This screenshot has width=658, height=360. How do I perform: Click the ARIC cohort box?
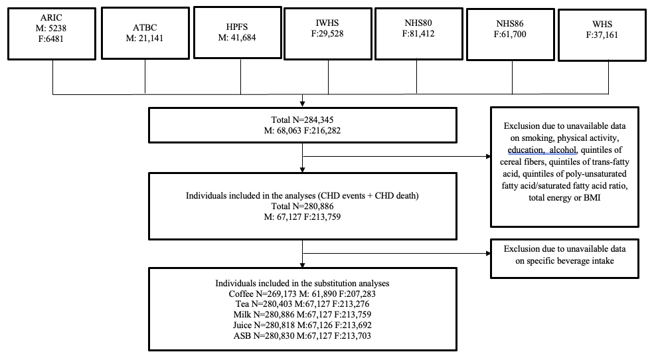[x=52, y=34]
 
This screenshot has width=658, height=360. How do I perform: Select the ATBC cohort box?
[x=145, y=33]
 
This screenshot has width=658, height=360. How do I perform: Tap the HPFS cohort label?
[x=237, y=27]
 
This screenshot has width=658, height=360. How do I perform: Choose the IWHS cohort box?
[x=328, y=34]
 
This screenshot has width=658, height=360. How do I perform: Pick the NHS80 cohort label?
[x=418, y=23]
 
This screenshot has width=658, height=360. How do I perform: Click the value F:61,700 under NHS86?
[x=510, y=35]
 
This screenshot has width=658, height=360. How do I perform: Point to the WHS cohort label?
[x=602, y=25]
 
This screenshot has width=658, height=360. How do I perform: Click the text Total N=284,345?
[x=302, y=120]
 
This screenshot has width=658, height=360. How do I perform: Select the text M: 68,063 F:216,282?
[x=302, y=130]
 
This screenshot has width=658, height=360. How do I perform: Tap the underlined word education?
[x=525, y=150]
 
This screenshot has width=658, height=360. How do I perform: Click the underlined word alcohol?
[x=563, y=150]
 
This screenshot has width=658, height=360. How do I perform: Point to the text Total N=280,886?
[x=302, y=207]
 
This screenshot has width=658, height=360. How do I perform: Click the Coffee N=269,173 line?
[x=302, y=294]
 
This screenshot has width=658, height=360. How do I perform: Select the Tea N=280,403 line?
[x=302, y=304]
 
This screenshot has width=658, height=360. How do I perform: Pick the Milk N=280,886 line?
[x=302, y=315]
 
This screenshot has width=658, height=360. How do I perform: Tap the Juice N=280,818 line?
[x=302, y=325]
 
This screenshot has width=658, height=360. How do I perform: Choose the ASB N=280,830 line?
[x=302, y=335]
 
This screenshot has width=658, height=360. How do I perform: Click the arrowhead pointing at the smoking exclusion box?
[x=488, y=157]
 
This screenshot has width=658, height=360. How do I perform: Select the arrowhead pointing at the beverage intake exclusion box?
[x=488, y=254]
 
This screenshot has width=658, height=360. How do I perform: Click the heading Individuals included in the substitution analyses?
[x=302, y=283]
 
